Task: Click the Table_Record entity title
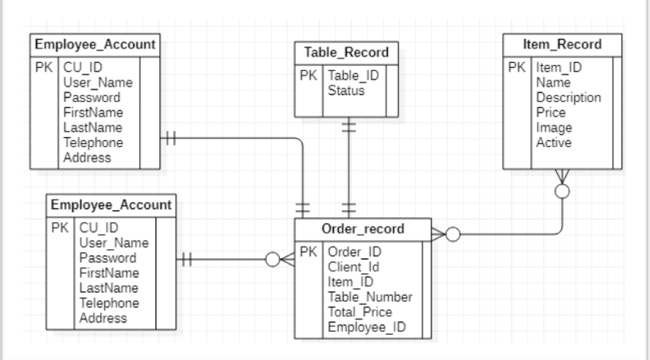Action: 346,53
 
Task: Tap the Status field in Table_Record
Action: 345,91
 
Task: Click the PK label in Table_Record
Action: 308,76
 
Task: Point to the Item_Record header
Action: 562,45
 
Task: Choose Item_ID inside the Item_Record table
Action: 560,68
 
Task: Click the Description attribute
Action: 569,98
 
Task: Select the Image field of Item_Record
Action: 554,128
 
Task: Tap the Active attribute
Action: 554,143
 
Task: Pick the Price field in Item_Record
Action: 551,113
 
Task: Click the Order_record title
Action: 358,229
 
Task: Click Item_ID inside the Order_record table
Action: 351,282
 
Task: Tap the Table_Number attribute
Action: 370,297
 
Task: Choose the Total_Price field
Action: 360,312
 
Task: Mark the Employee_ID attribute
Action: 366,327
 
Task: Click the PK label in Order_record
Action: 308,252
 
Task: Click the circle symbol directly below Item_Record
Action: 562,191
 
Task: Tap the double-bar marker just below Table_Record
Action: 349,127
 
